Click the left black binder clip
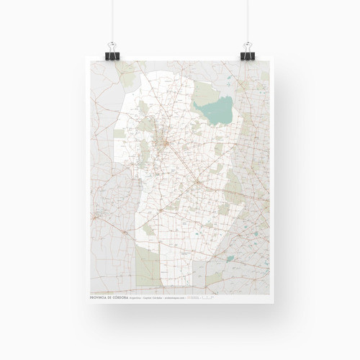[112, 55]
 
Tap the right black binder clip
[247, 55]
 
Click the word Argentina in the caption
[143, 296]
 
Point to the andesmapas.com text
[174, 296]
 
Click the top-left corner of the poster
[90, 60]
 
